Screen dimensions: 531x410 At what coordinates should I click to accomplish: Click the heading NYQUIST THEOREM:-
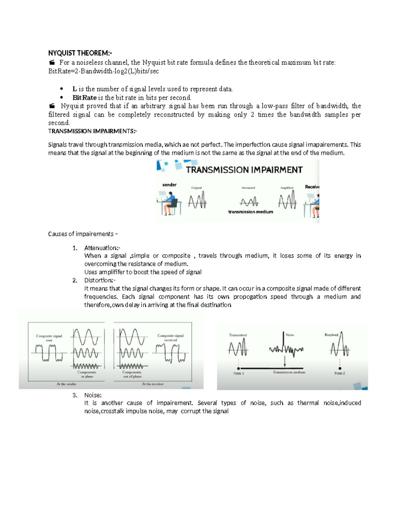coord(80,53)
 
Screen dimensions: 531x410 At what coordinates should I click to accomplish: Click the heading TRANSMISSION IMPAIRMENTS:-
coord(92,131)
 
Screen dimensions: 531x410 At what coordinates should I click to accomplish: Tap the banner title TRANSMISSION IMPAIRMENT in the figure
coord(244,170)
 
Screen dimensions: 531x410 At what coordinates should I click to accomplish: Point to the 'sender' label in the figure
coord(169,185)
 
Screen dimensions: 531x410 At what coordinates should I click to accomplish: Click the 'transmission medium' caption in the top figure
coord(250,212)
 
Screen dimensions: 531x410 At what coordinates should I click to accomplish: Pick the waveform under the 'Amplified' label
coord(287,200)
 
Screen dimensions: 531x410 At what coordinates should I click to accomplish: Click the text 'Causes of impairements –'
coord(83,234)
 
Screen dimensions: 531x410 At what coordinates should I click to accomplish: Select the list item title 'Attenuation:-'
coord(102,248)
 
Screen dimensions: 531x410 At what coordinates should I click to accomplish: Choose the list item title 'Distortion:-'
coord(100,280)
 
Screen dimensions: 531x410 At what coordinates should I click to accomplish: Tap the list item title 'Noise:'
coord(93,395)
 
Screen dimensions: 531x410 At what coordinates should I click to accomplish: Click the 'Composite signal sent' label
coord(49,338)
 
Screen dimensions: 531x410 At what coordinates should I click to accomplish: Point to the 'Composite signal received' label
coord(170,337)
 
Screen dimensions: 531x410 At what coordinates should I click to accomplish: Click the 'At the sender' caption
coord(66,384)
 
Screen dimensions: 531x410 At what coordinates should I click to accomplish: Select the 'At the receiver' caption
coord(153,384)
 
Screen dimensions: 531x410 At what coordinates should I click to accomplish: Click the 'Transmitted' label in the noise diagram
coord(238,335)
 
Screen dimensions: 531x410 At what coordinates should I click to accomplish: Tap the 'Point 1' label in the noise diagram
coord(238,373)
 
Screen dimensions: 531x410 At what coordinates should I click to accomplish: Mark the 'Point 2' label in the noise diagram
coord(340,373)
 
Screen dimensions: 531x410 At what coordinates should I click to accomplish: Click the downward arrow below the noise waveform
coord(285,361)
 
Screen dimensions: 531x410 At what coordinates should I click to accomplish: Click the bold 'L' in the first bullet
coord(74,89)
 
